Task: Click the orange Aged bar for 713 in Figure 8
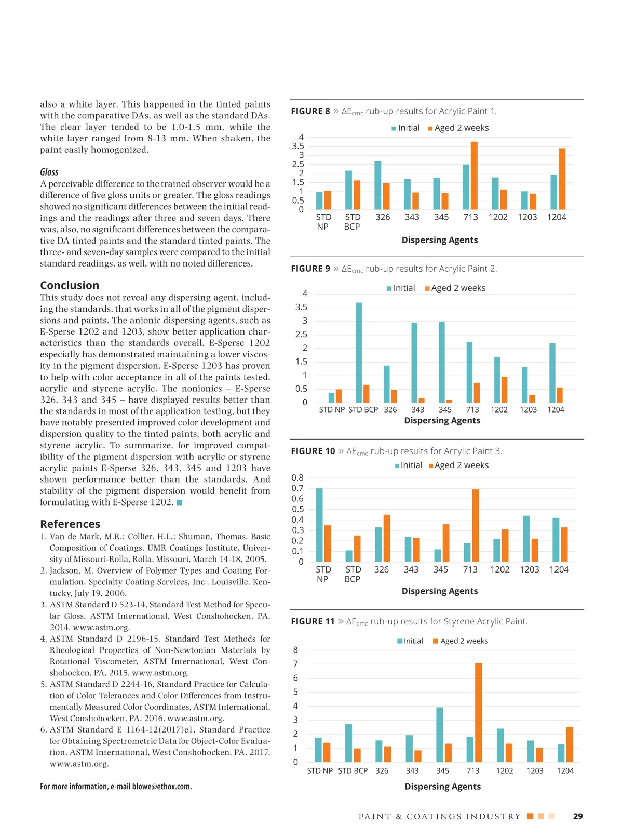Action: tap(474, 176)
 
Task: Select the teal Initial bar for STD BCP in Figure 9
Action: tap(359, 352)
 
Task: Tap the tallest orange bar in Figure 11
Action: tap(479, 712)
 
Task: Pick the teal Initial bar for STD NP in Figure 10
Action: tap(319, 525)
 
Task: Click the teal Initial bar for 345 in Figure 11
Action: tap(440, 735)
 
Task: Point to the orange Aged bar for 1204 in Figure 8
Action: tap(562, 179)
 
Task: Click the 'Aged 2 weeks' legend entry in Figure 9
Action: tap(455, 288)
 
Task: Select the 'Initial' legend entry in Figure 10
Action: tap(409, 465)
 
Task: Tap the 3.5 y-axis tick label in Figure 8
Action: tap(298, 146)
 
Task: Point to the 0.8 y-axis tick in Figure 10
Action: tap(297, 477)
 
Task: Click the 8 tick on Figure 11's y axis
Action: tap(295, 649)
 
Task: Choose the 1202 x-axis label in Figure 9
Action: tap(499, 409)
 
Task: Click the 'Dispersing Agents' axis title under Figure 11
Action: tap(442, 786)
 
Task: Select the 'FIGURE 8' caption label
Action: tap(310, 111)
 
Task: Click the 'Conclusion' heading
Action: tap(70, 285)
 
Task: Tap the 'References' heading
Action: tap(70, 524)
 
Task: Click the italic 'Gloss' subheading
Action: tap(49, 172)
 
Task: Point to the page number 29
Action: tap(578, 816)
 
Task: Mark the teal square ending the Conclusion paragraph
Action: tap(180, 502)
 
